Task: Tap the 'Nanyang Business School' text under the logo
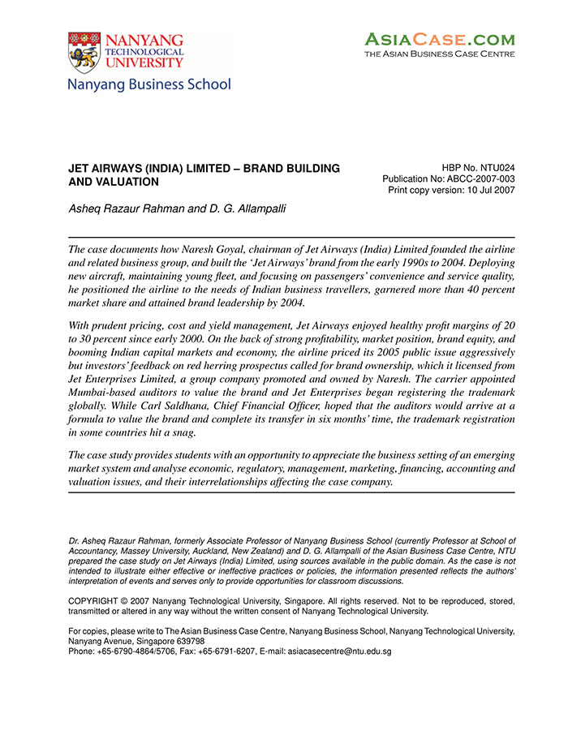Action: coord(149,84)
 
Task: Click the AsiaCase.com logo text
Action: coord(439,39)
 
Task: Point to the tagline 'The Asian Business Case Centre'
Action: coord(439,54)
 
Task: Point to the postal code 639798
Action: coord(176,640)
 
